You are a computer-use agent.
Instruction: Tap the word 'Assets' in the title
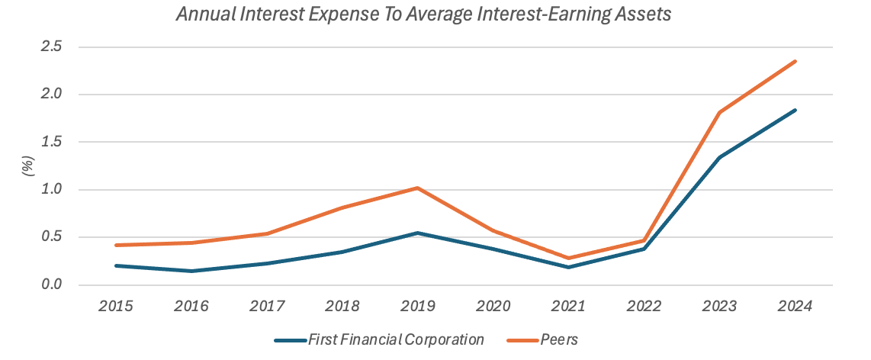click(x=645, y=14)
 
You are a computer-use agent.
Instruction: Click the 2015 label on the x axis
click(x=116, y=307)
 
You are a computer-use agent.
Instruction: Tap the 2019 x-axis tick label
click(x=418, y=307)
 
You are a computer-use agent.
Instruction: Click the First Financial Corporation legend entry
click(x=396, y=339)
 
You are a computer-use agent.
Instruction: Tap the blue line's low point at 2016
click(x=191, y=271)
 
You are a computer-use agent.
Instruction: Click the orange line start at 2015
click(x=116, y=245)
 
